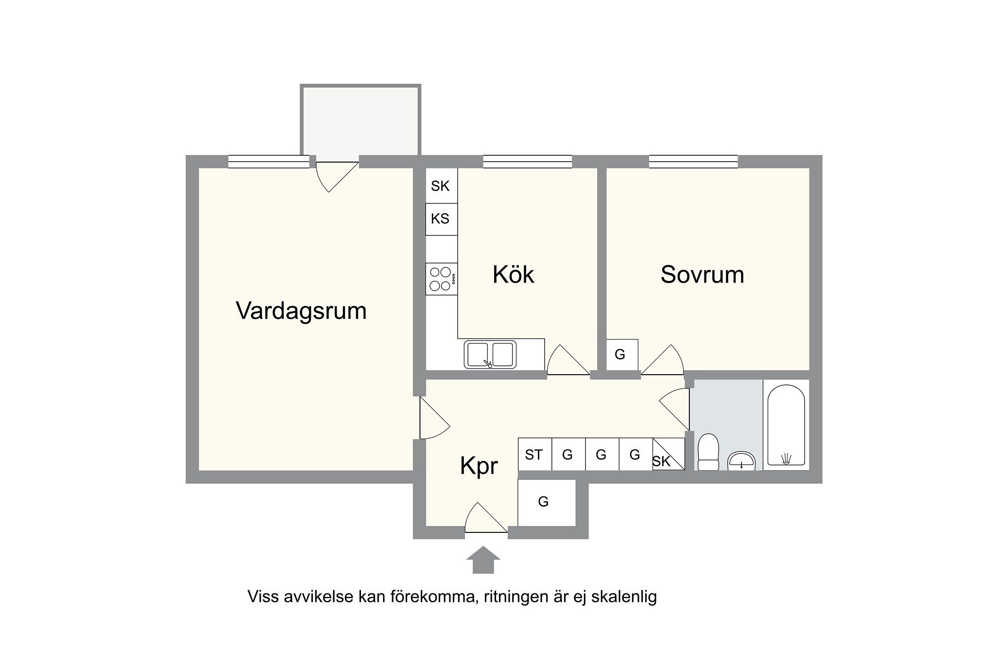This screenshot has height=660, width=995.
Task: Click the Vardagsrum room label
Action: (301, 311)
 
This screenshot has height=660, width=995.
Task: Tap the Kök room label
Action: (513, 274)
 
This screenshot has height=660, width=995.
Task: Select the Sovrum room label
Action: (702, 275)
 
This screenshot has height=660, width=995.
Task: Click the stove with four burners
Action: (441, 279)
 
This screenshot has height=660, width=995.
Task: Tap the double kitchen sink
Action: (490, 355)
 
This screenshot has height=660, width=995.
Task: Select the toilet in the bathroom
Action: (708, 452)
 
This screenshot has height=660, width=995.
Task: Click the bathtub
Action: (786, 426)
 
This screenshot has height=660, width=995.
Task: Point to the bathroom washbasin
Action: (741, 461)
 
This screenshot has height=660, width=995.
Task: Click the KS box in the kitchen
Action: (441, 219)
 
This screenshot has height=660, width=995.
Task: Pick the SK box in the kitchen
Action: (441, 186)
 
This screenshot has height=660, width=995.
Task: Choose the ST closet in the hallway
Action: (534, 455)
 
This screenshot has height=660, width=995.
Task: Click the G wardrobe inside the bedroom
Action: (622, 355)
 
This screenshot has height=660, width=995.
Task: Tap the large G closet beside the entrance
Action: (547, 502)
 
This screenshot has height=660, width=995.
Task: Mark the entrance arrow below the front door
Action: (483, 560)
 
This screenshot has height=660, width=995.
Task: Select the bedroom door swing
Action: (662, 360)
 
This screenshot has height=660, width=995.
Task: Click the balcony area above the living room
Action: (360, 120)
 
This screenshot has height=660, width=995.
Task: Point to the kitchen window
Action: (527, 162)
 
